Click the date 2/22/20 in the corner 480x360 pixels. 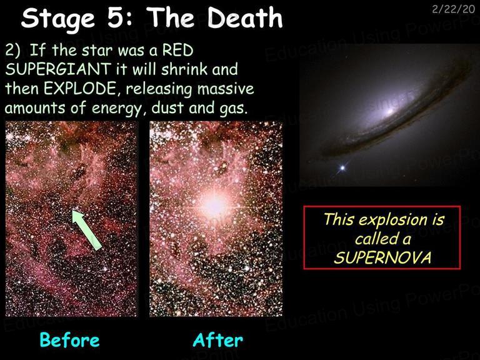[x=453, y=9]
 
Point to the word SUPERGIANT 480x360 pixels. [x=58, y=69]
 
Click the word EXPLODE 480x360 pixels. [x=80, y=89]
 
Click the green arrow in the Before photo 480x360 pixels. [x=87, y=229]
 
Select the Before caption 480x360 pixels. [x=70, y=340]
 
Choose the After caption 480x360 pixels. [x=218, y=340]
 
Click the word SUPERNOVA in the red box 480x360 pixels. [x=382, y=257]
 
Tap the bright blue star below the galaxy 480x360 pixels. [x=342, y=167]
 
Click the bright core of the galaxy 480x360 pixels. [x=390, y=111]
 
